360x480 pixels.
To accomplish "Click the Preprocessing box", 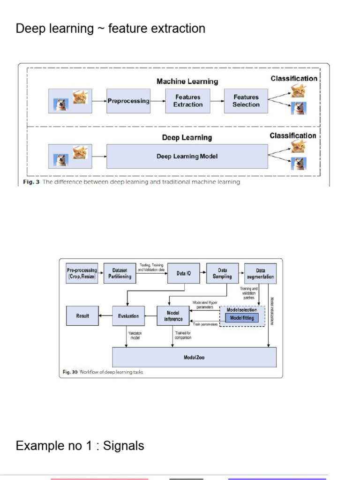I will click(128, 101).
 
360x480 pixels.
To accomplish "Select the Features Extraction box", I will click(187, 101).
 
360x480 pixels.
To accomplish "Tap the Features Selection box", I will click(246, 101).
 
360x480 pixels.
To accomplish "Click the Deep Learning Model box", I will click(187, 157).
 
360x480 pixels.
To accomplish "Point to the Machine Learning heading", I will click(187, 82).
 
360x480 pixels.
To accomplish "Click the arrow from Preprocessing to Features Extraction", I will click(157, 101).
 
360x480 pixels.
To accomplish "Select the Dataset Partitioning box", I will click(120, 273).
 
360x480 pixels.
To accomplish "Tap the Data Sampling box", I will click(222, 273).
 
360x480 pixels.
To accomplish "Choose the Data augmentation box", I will click(260, 273).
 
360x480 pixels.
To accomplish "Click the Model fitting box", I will click(242, 318).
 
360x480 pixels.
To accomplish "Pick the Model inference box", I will click(173, 316).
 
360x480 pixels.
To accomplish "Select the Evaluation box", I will click(128, 316).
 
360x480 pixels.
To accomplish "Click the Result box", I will click(82, 316).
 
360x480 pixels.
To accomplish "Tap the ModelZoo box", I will click(194, 357).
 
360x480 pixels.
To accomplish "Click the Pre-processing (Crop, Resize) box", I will click(82, 273).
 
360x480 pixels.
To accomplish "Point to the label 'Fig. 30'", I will click(70, 372).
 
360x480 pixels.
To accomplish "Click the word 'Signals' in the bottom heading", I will click(124, 445).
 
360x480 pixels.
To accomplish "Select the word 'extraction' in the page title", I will click(178, 29).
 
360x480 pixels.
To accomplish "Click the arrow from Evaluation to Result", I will click(105, 316).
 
